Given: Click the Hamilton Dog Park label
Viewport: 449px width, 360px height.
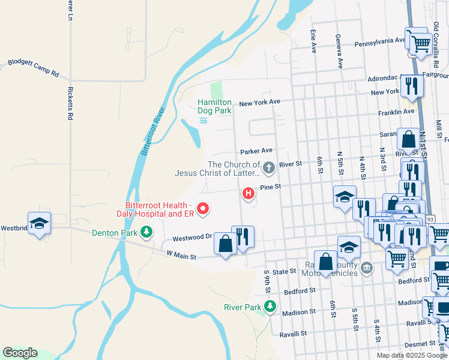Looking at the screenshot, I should (214, 106).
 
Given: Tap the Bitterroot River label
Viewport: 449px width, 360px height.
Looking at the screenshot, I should (152, 131).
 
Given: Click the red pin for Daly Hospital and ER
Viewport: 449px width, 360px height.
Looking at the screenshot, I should (203, 209).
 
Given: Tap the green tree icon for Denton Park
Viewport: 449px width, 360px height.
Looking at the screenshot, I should (146, 232).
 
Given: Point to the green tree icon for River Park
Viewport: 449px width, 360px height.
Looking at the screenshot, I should (270, 307).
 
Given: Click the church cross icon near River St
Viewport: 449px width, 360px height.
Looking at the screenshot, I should (269, 167).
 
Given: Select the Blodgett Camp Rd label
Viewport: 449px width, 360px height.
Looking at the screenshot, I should (33, 68).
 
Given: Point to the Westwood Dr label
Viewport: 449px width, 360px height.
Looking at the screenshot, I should (193, 237).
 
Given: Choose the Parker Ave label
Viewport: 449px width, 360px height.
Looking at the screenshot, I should (256, 151).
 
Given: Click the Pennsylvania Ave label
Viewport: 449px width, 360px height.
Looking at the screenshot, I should (380, 42).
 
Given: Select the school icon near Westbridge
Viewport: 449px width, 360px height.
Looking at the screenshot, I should (40, 223).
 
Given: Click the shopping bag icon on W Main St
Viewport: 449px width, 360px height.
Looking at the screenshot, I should (225, 244).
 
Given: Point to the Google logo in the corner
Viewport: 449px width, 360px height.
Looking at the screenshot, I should (20, 353).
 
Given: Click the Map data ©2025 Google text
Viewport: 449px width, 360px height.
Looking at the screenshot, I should (411, 355).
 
